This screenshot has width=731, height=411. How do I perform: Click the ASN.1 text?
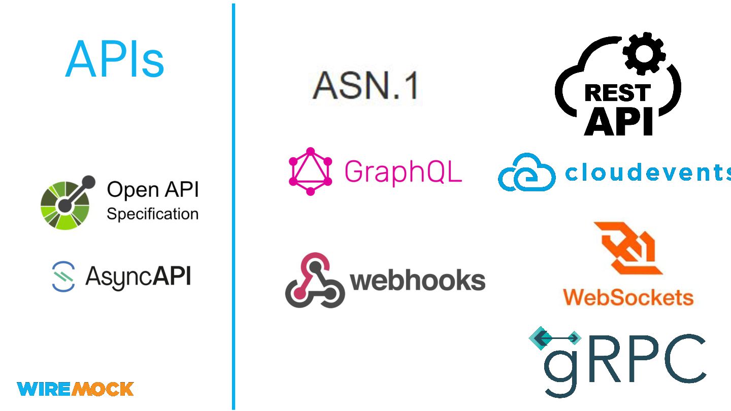(365, 85)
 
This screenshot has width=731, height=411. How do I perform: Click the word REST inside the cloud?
(617, 93)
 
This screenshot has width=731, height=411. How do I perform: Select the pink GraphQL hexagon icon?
(310, 172)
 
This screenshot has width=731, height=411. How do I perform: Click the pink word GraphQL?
(403, 172)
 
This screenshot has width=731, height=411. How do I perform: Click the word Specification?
(152, 214)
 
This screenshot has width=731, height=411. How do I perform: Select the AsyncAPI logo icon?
(63, 277)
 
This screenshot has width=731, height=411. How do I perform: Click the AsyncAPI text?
(138, 277)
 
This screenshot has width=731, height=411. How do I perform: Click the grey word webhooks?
(418, 281)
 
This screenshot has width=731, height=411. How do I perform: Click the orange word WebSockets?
(628, 297)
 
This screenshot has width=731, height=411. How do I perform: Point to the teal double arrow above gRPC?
(555, 338)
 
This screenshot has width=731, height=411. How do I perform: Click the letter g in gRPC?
(562, 368)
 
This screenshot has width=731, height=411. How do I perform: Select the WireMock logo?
(75, 389)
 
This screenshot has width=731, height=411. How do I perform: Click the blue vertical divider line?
(234, 203)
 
